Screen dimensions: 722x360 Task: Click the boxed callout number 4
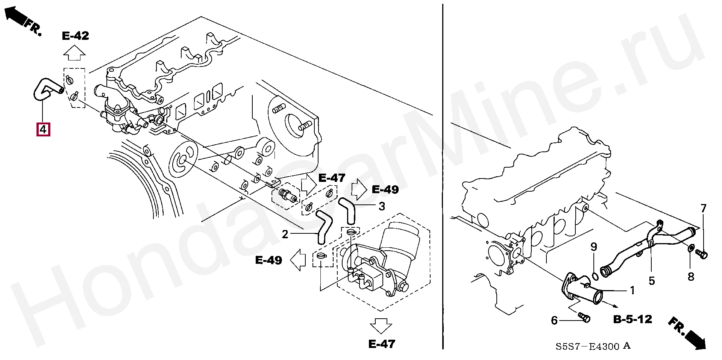[x=43, y=129]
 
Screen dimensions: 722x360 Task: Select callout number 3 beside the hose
[x=382, y=206]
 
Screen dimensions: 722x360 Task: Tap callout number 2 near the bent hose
[x=285, y=234]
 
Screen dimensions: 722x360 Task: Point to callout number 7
[x=704, y=208]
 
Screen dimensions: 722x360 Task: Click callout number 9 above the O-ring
[x=594, y=247]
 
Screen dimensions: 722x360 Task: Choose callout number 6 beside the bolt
[x=554, y=320]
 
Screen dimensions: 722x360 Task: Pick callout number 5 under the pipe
[x=652, y=281]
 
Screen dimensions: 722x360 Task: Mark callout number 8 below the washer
[x=691, y=277]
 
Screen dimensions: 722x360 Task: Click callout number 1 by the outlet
[x=633, y=290]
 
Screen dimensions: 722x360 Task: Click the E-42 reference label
[x=76, y=36]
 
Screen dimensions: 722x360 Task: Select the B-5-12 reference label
[x=633, y=319]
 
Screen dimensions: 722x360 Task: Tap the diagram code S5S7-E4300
[x=587, y=346]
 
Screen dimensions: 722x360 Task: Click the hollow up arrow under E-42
[x=74, y=53]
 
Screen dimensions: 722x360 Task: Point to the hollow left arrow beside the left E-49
[x=298, y=260]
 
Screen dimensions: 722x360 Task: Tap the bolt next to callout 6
[x=584, y=318]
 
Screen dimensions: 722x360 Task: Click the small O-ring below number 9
[x=595, y=277]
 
